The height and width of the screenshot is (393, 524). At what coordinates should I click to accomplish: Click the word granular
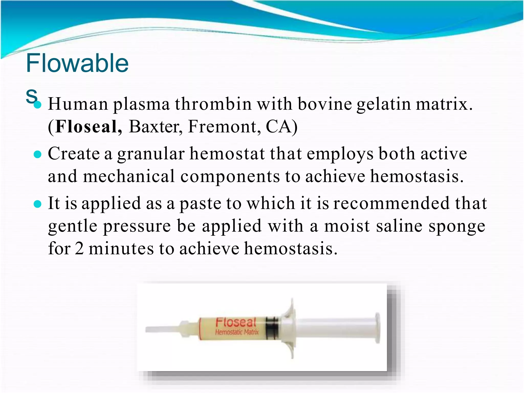(151, 154)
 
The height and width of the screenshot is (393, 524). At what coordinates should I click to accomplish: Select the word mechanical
(129, 176)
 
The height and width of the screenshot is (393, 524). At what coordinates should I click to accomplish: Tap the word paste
(200, 204)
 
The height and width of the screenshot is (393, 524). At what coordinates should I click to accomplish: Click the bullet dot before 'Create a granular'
(38, 155)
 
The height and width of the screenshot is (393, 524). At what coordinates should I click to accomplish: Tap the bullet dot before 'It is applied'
(38, 204)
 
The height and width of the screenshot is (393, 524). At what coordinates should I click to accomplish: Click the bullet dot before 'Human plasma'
(38, 105)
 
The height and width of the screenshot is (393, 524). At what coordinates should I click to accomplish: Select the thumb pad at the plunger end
(377, 328)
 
